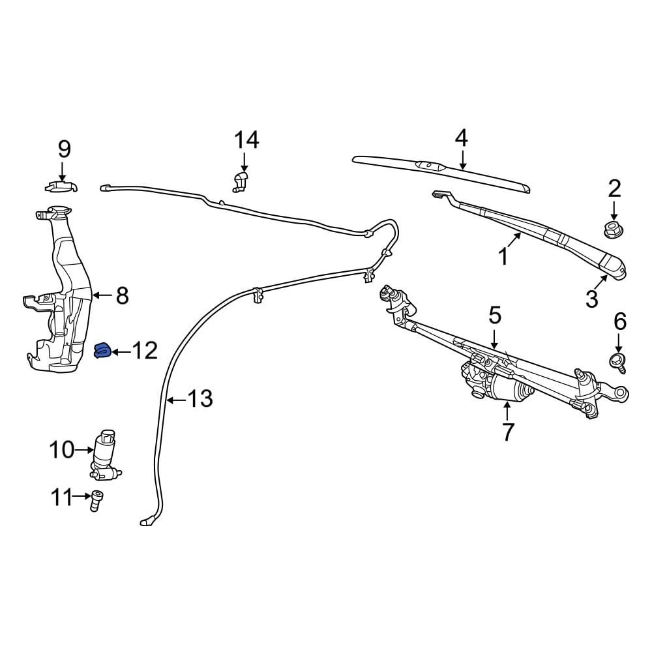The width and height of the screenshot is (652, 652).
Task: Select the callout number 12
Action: [x=144, y=351]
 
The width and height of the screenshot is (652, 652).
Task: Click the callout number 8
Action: [x=122, y=296]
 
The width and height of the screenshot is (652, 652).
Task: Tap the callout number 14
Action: [x=246, y=140]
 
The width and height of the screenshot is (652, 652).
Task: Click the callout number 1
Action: [x=503, y=256]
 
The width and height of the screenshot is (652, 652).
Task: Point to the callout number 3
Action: [x=591, y=299]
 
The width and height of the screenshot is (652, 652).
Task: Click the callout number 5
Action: [x=495, y=316]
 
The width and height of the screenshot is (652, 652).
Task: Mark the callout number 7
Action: [x=507, y=431]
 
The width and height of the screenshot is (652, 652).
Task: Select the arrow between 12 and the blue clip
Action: [x=120, y=352]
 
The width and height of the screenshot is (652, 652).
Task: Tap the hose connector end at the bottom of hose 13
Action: [x=147, y=521]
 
